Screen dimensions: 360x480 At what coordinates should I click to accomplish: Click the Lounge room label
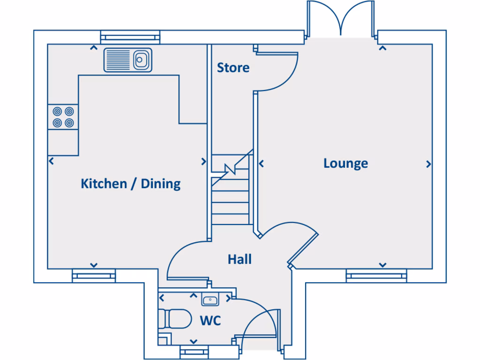click(345, 164)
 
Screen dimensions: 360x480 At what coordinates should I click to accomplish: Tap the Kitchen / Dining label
click(131, 183)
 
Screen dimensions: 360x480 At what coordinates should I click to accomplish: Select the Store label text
click(233, 68)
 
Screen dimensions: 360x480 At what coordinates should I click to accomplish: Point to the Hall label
click(240, 259)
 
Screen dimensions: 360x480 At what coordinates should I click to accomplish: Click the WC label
click(210, 321)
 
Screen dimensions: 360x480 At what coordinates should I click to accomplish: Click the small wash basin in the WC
click(209, 299)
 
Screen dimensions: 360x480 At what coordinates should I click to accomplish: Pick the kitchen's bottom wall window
click(94, 276)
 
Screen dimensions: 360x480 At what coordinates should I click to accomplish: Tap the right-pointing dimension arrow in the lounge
click(428, 164)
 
